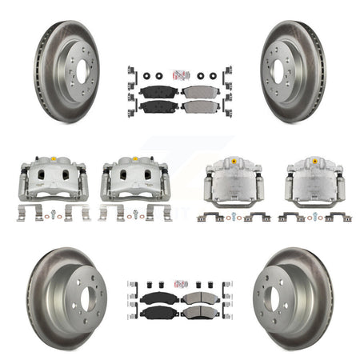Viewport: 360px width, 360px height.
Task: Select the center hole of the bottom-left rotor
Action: coord(83,302)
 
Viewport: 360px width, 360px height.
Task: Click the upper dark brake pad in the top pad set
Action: coord(158,91)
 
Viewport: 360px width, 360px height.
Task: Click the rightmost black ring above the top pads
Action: coord(213,76)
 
